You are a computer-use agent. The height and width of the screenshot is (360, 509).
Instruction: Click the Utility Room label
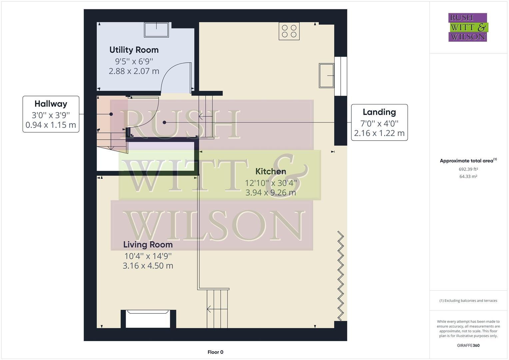click(x=134, y=50)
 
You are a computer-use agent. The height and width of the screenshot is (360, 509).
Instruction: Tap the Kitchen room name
click(x=270, y=171)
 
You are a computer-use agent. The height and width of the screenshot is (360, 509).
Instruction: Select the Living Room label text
click(x=148, y=245)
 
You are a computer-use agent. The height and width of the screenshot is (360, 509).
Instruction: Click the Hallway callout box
click(x=51, y=114)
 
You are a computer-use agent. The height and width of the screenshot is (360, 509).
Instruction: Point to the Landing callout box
click(x=379, y=122)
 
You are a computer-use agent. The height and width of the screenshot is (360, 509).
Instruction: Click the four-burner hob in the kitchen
click(x=289, y=31)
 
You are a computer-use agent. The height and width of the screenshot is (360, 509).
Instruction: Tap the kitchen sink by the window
click(x=326, y=76)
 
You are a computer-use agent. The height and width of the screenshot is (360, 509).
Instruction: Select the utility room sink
click(x=156, y=30)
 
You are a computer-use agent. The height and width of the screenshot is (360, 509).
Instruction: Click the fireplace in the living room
click(x=148, y=319)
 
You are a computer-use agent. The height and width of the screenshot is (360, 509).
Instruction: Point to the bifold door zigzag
click(x=340, y=275)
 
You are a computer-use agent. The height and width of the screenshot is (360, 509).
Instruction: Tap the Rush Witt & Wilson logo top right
click(x=468, y=27)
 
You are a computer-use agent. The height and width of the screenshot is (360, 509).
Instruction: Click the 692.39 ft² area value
click(x=468, y=169)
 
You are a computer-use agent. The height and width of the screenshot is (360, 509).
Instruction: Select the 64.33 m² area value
click(x=468, y=177)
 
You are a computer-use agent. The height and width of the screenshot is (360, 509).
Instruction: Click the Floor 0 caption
click(x=215, y=352)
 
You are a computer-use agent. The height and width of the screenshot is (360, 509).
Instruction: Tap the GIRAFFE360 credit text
click(x=468, y=345)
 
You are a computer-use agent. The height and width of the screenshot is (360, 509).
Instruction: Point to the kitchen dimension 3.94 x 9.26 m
click(x=270, y=193)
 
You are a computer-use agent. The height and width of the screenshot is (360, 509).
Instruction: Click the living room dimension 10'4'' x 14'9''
click(x=148, y=256)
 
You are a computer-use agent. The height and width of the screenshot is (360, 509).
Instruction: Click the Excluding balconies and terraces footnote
click(x=468, y=301)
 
